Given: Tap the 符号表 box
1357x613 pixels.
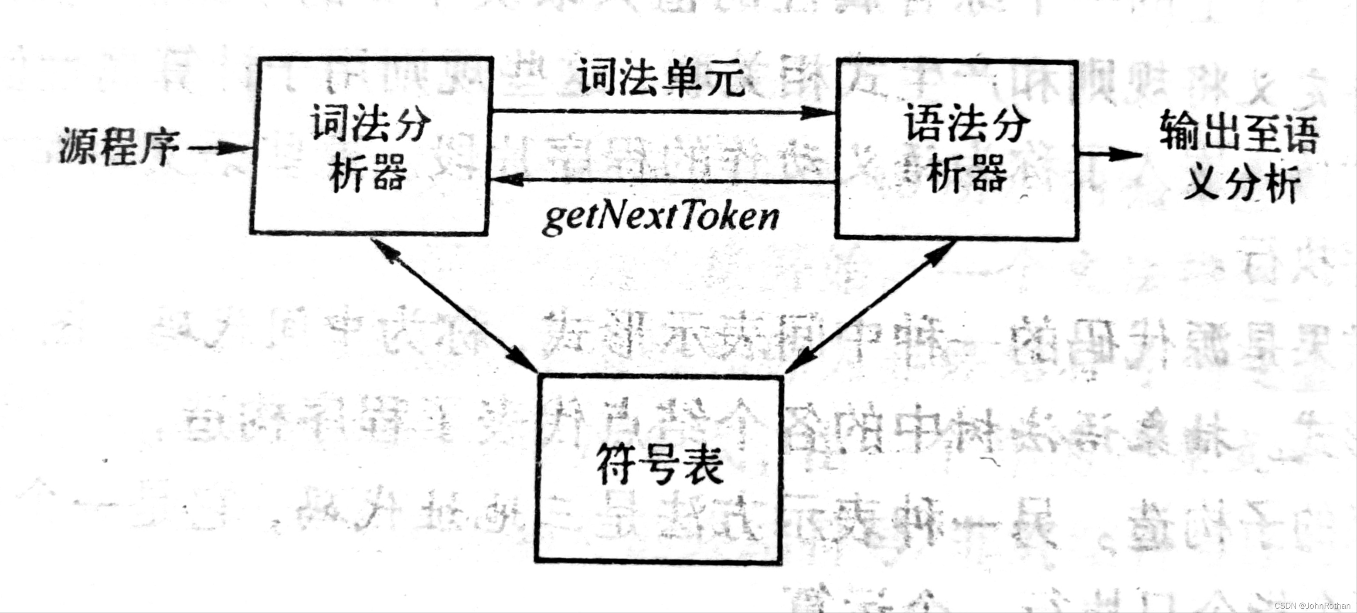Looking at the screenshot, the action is (x=659, y=469).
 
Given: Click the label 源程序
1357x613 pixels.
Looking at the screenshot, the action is (x=119, y=147).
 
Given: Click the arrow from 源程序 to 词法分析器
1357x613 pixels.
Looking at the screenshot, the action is (x=219, y=148).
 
